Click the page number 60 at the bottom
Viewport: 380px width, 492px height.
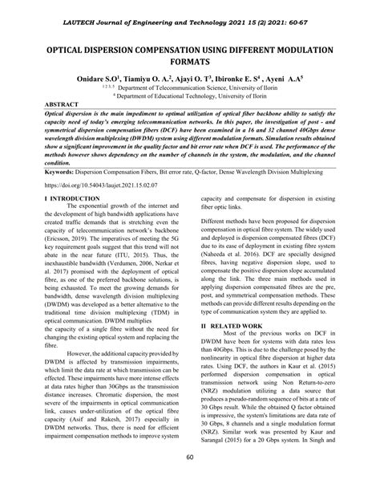click(190, 480)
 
